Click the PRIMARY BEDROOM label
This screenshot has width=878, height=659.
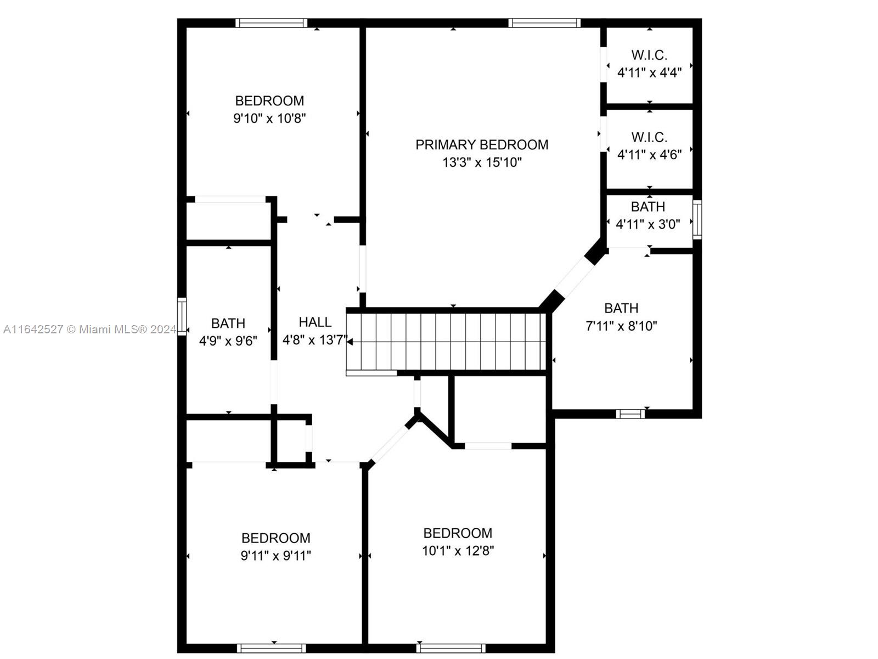click(482, 144)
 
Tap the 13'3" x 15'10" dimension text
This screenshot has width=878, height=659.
click(482, 163)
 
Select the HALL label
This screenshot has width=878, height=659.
click(315, 322)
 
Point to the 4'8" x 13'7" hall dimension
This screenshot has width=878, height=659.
click(315, 340)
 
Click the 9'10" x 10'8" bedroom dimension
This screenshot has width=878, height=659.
click(269, 119)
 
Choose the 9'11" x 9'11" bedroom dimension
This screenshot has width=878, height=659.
click(275, 556)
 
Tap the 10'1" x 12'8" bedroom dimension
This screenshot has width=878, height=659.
click(458, 551)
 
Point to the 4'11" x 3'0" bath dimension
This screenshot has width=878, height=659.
click(648, 225)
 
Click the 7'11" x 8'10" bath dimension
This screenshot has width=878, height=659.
click(621, 326)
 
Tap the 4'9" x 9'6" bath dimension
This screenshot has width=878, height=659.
click(228, 341)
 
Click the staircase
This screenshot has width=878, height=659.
click(446, 342)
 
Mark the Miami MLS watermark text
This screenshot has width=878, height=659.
click(89, 329)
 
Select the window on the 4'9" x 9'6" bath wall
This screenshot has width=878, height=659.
click(182, 316)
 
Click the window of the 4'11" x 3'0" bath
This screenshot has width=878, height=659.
click(697, 219)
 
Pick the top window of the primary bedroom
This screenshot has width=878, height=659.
click(544, 23)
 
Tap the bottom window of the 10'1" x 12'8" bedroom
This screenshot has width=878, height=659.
click(451, 648)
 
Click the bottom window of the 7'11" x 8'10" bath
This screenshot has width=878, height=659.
click(631, 414)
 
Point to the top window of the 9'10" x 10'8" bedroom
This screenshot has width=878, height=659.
click(272, 23)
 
